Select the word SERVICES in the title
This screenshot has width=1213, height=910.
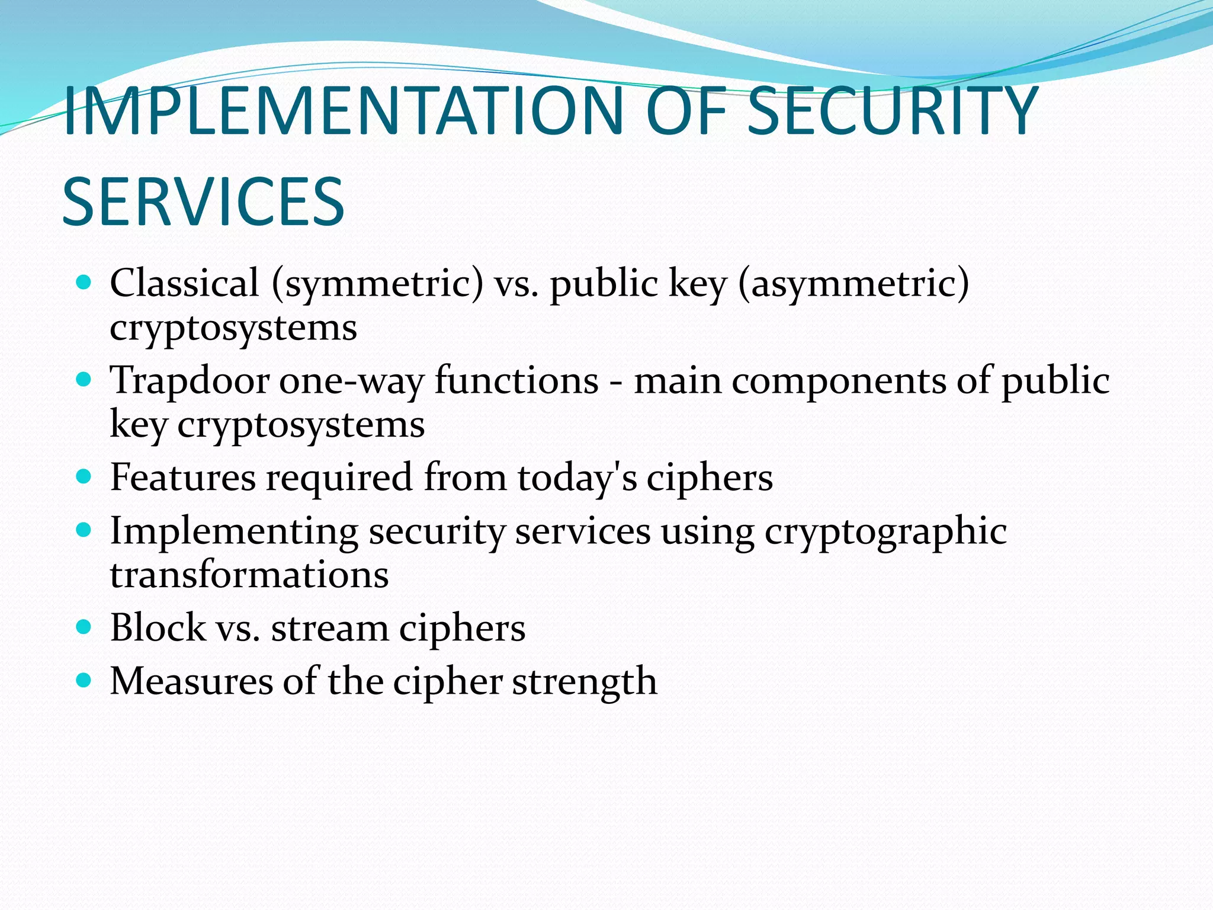pos(203,202)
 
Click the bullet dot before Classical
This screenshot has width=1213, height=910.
pos(84,282)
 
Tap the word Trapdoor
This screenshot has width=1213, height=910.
pos(190,380)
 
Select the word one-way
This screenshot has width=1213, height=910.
pos(352,380)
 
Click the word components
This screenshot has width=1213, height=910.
pos(839,380)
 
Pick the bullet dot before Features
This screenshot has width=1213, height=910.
pos(84,476)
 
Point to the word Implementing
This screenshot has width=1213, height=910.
pos(234,531)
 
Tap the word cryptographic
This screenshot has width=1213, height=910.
pos(885,531)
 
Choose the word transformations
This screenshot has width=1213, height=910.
pos(249,575)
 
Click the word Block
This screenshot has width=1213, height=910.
pos(158,627)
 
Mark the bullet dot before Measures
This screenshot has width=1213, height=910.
pos(84,680)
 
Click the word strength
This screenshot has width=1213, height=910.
pos(585,681)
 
